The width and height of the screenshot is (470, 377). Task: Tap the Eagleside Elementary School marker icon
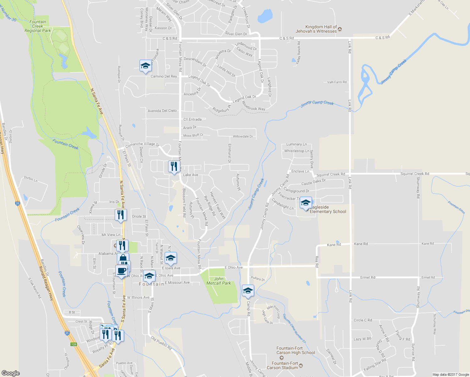pos(306,203)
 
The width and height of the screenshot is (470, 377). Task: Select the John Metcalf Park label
pos(219,281)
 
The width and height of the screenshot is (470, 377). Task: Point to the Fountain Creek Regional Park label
pos(38,26)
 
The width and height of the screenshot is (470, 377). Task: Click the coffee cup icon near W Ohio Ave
pos(121,270)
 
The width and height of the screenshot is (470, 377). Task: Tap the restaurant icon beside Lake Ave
pos(174,166)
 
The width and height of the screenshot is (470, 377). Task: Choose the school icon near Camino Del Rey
pos(145,66)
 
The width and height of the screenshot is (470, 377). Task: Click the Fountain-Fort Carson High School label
pos(296,350)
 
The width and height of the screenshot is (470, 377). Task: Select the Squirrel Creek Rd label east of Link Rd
pos(415,174)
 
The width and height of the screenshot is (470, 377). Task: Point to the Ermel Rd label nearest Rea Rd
pos(368,277)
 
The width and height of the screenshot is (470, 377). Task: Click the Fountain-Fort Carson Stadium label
pos(282,365)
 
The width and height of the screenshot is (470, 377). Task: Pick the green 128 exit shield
pos(74,344)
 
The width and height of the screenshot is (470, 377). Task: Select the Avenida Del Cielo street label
pos(162,111)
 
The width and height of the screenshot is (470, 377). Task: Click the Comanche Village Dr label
pos(142,145)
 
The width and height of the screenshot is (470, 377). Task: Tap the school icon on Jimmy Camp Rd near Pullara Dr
pos(248,291)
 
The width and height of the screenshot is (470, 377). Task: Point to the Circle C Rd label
pos(363,320)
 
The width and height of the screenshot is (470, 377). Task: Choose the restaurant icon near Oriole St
pos(121,215)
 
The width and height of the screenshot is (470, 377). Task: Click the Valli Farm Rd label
pos(337,82)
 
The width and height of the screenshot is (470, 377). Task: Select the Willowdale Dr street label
pos(243,137)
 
